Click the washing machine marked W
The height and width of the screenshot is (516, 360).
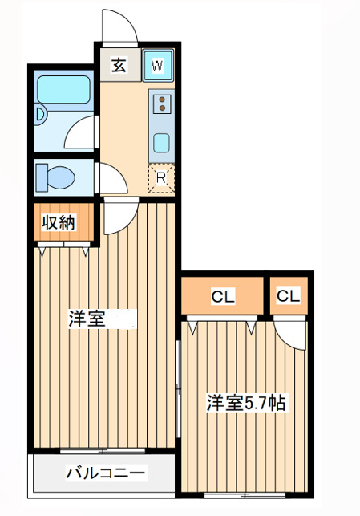pos(157,65)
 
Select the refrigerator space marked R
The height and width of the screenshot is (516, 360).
pos(161,179)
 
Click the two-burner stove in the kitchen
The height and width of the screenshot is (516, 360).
pos(162,104)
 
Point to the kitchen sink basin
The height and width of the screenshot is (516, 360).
pos(162,142)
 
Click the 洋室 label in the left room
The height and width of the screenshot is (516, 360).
pos(87,318)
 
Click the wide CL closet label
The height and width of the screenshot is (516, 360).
pos(222,297)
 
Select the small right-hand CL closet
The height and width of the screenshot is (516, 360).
pos(288,296)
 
